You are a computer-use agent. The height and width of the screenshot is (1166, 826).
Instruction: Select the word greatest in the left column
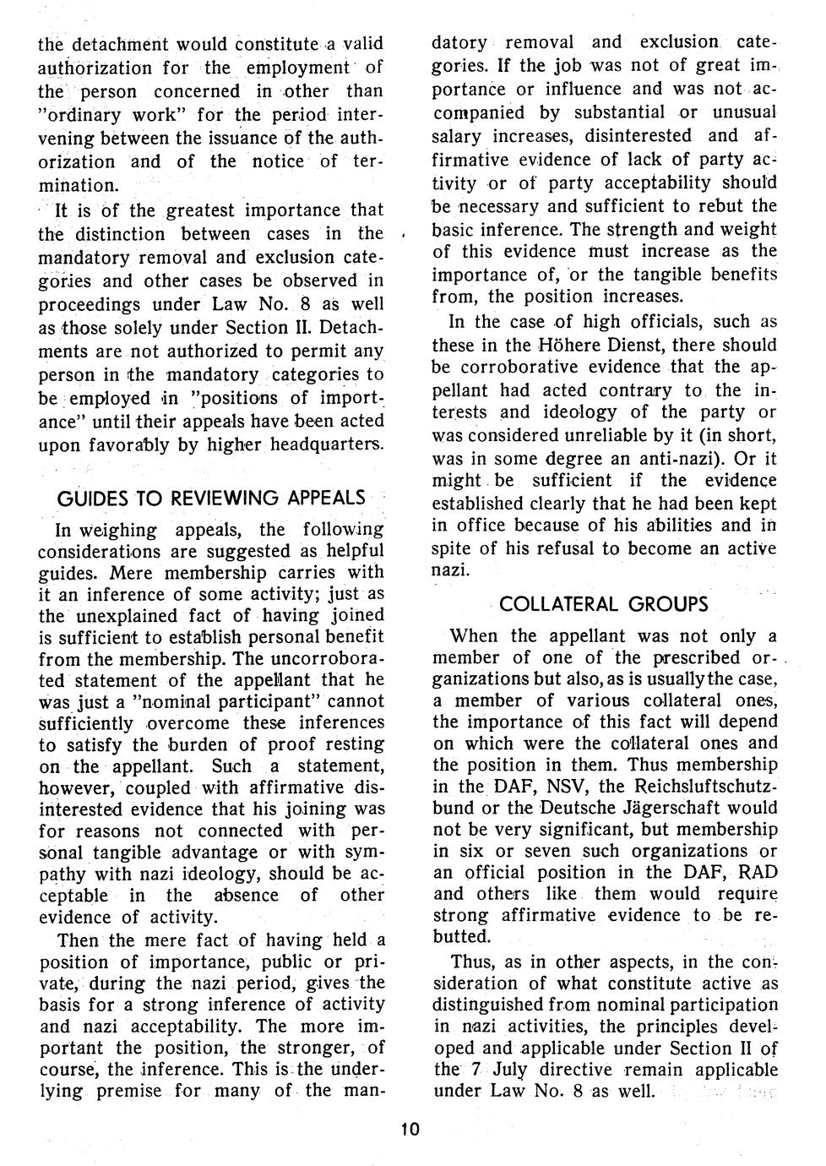pyautogui.click(x=201, y=210)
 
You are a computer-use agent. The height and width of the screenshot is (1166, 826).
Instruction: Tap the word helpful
pyautogui.click(x=352, y=551)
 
